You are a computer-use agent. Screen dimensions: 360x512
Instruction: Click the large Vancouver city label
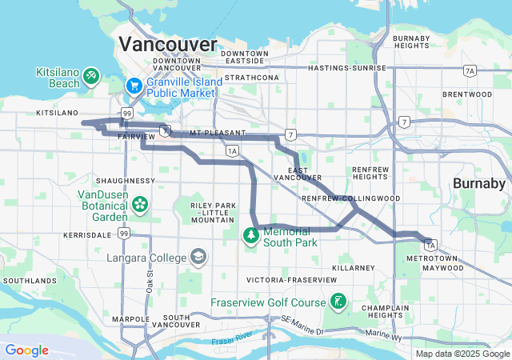(167, 43)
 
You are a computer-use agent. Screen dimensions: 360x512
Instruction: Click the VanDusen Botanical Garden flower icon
(140, 203)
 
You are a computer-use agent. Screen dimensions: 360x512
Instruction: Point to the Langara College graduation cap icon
(197, 258)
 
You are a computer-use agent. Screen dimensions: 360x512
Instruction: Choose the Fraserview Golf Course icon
(339, 302)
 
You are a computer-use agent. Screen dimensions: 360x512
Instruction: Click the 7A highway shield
(470, 71)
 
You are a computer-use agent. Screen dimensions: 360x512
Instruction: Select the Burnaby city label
(479, 183)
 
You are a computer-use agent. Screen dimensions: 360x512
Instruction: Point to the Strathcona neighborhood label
(257, 78)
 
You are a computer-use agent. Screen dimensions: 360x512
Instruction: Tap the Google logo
(26, 350)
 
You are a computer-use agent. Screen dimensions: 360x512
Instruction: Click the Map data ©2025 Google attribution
(462, 354)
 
